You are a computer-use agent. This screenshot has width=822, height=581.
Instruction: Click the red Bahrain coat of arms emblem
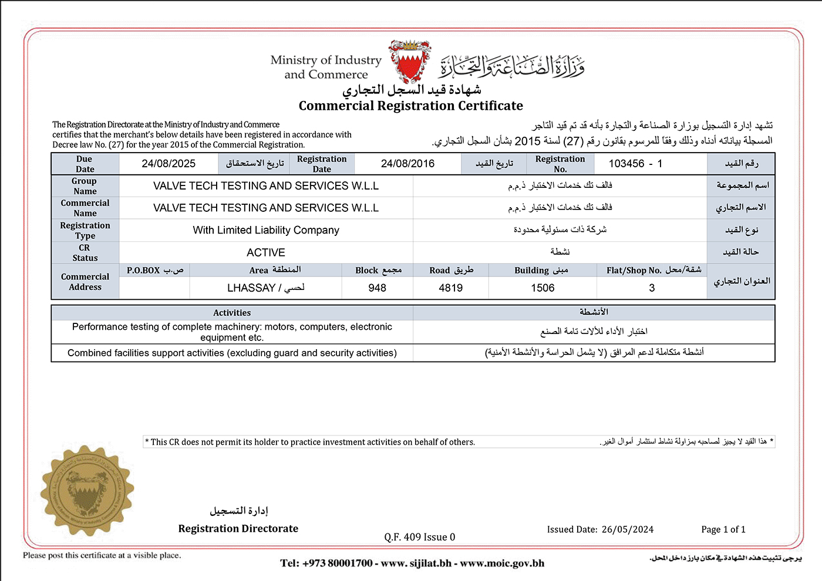click(410, 62)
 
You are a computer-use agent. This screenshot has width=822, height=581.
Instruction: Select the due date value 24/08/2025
click(169, 164)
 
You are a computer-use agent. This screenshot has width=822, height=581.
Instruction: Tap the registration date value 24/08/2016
click(407, 164)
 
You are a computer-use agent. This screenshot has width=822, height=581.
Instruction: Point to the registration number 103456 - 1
click(635, 164)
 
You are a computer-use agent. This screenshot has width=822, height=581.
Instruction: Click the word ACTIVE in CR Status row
click(266, 252)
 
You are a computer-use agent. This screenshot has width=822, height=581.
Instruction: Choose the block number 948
click(377, 288)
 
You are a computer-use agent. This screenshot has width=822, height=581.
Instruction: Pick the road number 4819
click(450, 288)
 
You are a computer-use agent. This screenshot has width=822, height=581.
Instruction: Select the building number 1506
click(543, 288)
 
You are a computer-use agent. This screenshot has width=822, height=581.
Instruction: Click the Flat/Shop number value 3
click(652, 288)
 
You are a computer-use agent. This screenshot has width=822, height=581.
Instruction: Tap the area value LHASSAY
click(251, 288)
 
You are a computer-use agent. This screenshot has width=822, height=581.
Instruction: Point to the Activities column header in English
click(232, 313)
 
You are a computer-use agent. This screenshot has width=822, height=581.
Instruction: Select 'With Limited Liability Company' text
click(266, 230)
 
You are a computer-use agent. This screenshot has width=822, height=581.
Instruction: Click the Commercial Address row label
click(85, 282)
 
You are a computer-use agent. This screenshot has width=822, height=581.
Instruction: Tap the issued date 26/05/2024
click(628, 529)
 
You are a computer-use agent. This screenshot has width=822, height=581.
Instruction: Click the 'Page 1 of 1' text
click(723, 529)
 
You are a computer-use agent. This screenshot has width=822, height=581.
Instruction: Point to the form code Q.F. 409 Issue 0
click(420, 537)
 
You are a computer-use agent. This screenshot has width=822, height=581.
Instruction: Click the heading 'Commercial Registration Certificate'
click(410, 106)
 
